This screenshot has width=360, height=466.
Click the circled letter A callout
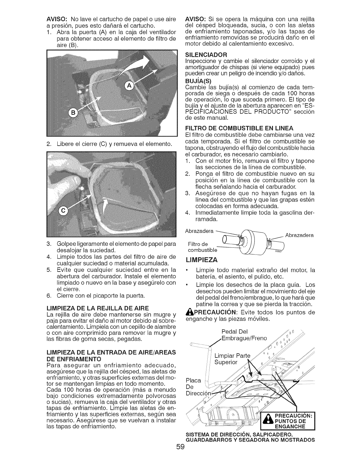pos(129,86)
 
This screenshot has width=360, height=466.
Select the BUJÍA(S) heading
pos(199,81)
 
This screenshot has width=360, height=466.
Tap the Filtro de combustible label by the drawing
pos(202,247)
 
